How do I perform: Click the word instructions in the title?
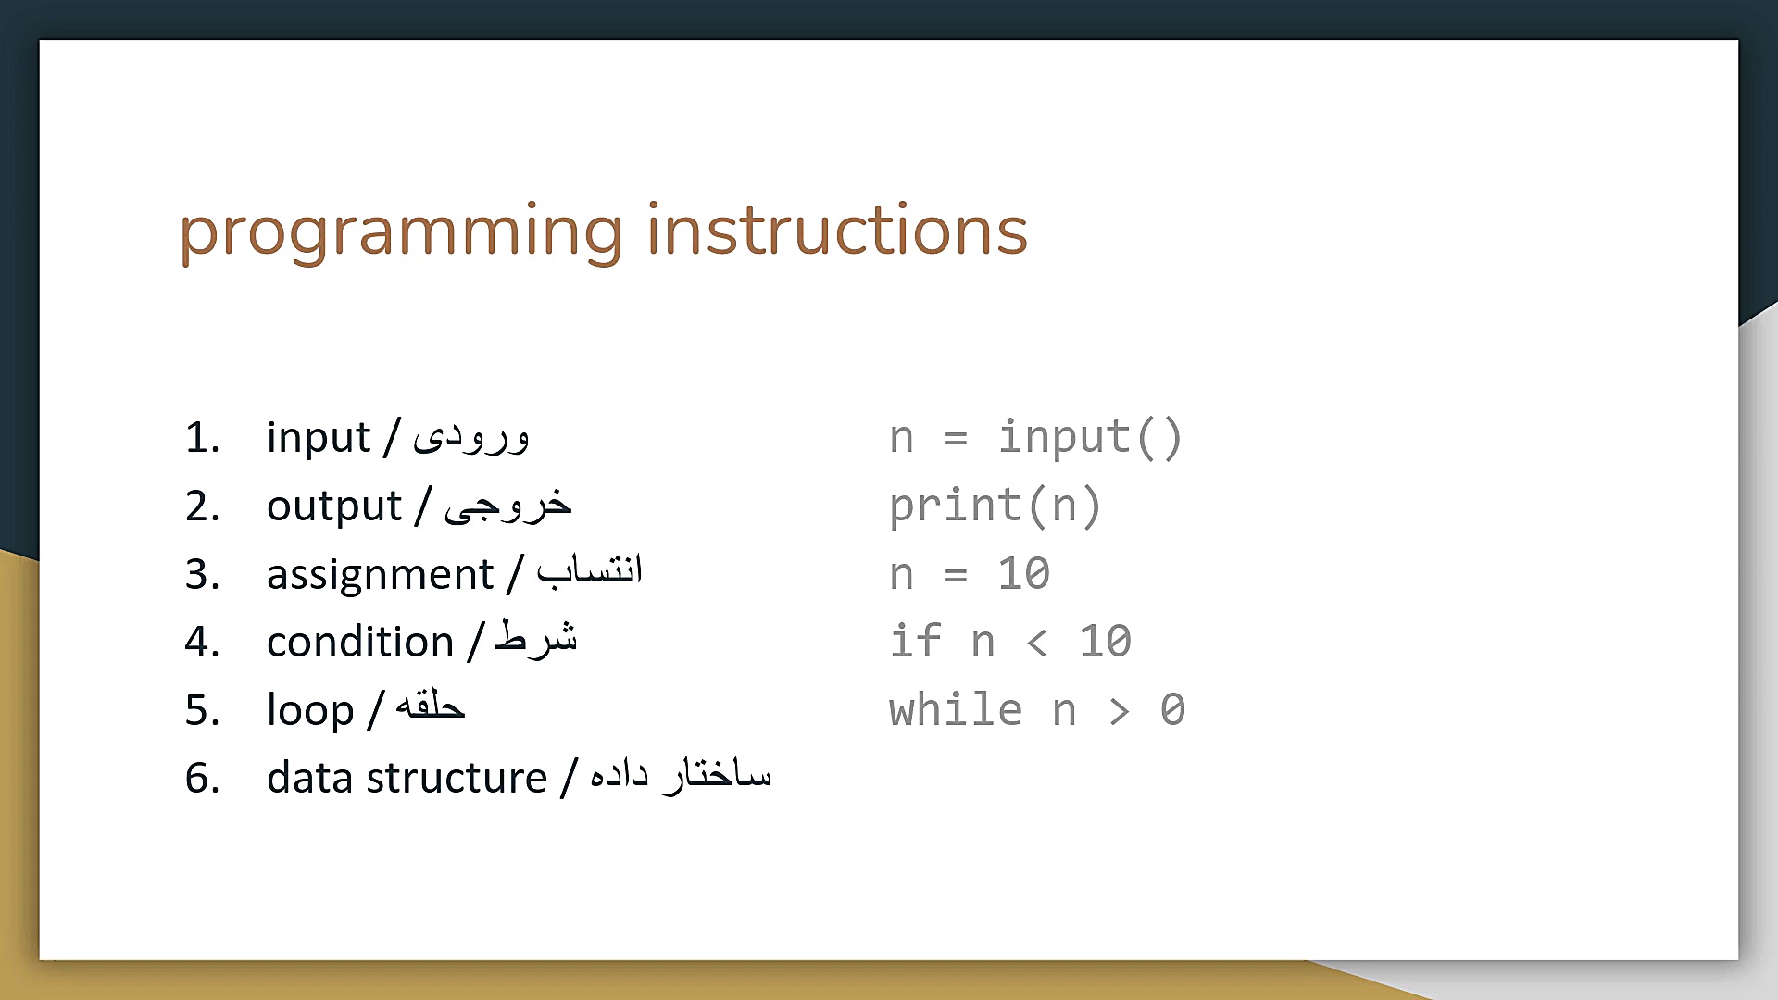click(837, 229)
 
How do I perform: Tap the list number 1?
click(202, 438)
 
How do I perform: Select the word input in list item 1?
click(319, 438)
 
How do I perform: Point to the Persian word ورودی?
click(471, 436)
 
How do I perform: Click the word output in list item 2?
click(334, 506)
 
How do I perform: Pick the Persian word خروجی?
click(507, 505)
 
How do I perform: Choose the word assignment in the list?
click(381, 575)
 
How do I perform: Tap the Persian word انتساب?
click(590, 569)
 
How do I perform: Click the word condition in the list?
click(360, 642)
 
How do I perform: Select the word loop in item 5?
click(310, 710)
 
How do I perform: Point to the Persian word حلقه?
click(430, 706)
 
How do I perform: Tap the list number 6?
click(202, 778)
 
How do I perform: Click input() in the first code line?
click(1090, 438)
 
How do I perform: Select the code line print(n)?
click(995, 506)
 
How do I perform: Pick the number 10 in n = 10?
click(1023, 574)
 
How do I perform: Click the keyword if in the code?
click(915, 641)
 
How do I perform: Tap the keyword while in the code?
click(956, 709)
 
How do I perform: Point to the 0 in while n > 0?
click(1172, 710)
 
